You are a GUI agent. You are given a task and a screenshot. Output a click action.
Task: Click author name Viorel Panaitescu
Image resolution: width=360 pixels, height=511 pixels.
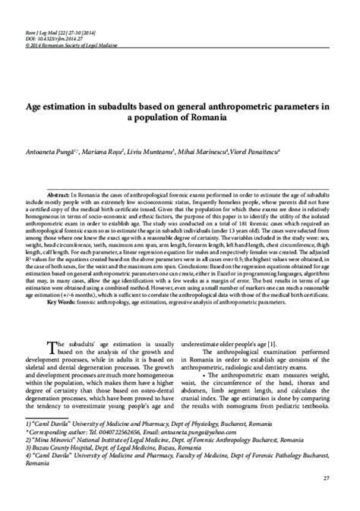click(x=286, y=152)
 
